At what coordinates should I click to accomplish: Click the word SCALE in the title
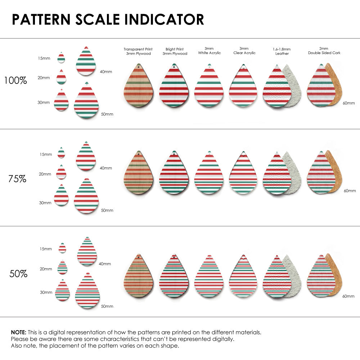pos(97,19)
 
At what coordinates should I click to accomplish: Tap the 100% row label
pos(15,80)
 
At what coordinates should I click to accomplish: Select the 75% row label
pos(17,179)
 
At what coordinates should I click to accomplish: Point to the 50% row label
pos(18,274)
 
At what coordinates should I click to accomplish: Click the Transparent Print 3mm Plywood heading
pos(138,51)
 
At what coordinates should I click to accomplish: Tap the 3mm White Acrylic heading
pos(209,50)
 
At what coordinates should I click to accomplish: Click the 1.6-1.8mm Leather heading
pos(282,51)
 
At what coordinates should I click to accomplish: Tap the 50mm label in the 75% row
pos(107,210)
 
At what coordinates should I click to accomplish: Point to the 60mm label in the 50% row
pos(348,296)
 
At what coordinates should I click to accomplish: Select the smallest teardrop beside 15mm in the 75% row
pos(61,153)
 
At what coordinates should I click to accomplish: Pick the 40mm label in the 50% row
pos(105,264)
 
